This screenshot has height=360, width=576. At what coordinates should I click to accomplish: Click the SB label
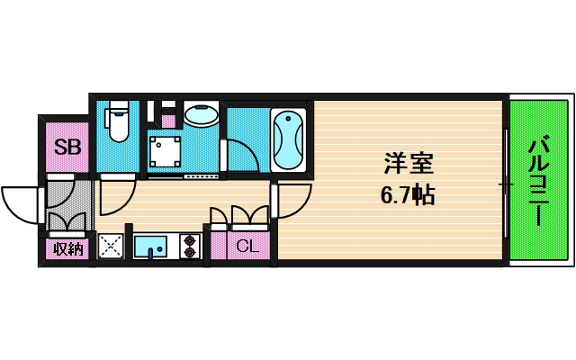[x=67, y=147]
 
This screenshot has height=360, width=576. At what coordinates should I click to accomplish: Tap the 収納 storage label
[x=67, y=248]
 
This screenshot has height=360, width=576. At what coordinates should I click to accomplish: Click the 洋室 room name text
[x=409, y=166]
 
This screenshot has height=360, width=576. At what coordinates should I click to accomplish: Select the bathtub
[x=289, y=139]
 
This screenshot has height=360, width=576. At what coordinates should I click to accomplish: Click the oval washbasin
[x=201, y=115]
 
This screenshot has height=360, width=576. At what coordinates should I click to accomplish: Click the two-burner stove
[x=190, y=246]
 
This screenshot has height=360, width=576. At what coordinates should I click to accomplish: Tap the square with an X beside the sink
[x=111, y=246]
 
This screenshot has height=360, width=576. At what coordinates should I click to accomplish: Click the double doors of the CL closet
[x=238, y=215]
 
